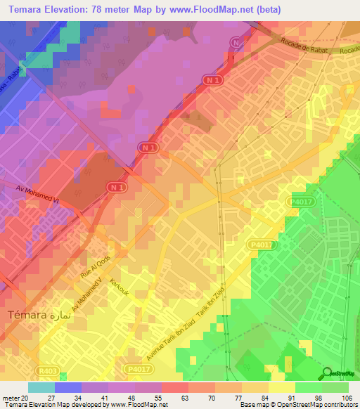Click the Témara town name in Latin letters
click(26, 316)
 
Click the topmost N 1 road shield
click(236, 44)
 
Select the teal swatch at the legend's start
click(41, 387)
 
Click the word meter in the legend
click(9, 397)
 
